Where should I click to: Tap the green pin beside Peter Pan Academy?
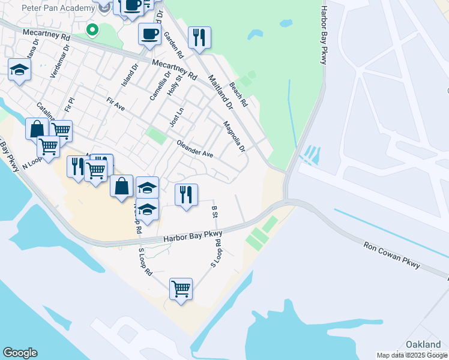click(x=92, y=29)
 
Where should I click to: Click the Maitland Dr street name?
click(x=220, y=92)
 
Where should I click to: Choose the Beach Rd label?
click(x=239, y=95)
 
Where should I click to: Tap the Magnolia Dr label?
click(x=234, y=137)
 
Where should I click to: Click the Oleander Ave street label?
click(x=195, y=149)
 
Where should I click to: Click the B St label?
click(x=214, y=211)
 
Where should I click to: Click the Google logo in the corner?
click(x=20, y=353)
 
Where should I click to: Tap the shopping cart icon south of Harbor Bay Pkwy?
click(x=181, y=289)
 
